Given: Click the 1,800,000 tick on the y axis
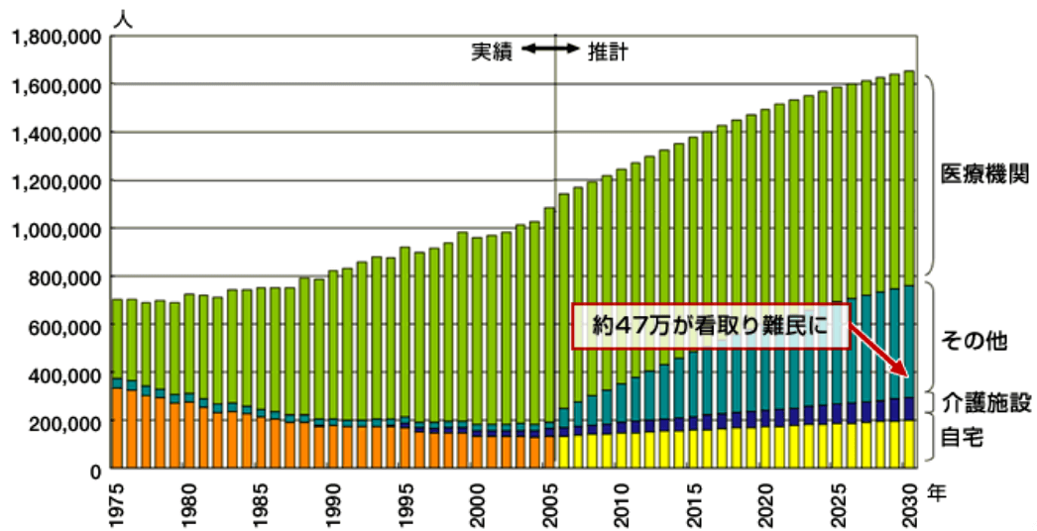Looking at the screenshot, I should pyautogui.click(x=54, y=37).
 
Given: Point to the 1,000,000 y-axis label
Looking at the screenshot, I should pyautogui.click(x=54, y=229).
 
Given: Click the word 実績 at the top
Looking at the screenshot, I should pyautogui.click(x=491, y=52).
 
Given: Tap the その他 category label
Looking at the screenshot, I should pyautogui.click(x=974, y=342).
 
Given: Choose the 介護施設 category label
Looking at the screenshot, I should pyautogui.click(x=986, y=402).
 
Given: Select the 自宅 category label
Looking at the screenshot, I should pyautogui.click(x=961, y=436).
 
